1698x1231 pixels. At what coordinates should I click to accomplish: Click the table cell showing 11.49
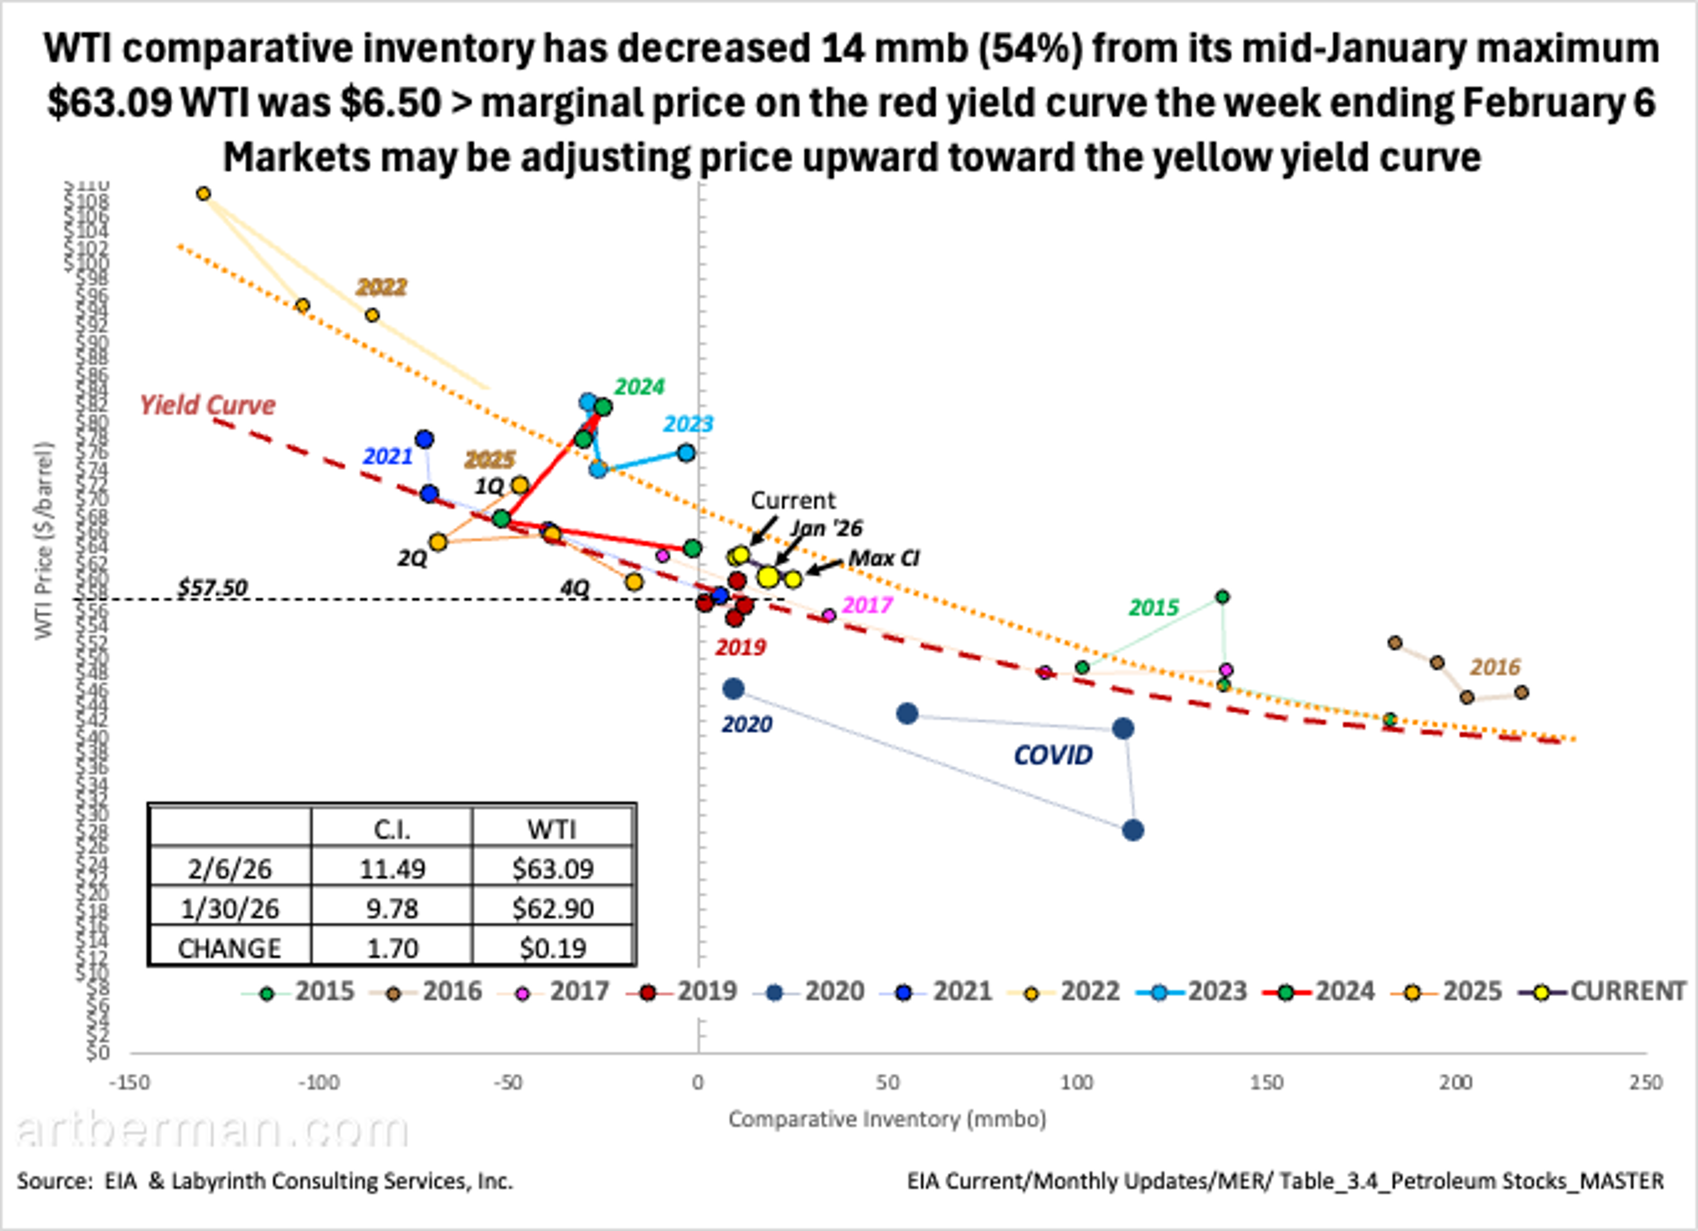click(x=392, y=868)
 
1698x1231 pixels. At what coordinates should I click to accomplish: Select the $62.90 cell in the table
click(x=553, y=908)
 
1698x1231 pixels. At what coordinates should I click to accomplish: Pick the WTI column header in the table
click(x=553, y=829)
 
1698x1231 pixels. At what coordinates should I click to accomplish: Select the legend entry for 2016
click(x=434, y=991)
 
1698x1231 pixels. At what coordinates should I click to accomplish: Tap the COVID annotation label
click(x=1053, y=755)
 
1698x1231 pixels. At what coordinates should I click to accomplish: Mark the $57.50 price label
click(x=212, y=588)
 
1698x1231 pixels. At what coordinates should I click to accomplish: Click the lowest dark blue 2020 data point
click(x=1133, y=830)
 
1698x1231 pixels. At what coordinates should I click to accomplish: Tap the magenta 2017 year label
click(x=867, y=604)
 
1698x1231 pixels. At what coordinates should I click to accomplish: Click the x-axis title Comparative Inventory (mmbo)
click(x=887, y=1119)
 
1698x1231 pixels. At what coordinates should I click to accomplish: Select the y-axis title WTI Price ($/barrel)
click(x=45, y=541)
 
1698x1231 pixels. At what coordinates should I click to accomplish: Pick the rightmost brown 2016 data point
click(x=1521, y=692)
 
